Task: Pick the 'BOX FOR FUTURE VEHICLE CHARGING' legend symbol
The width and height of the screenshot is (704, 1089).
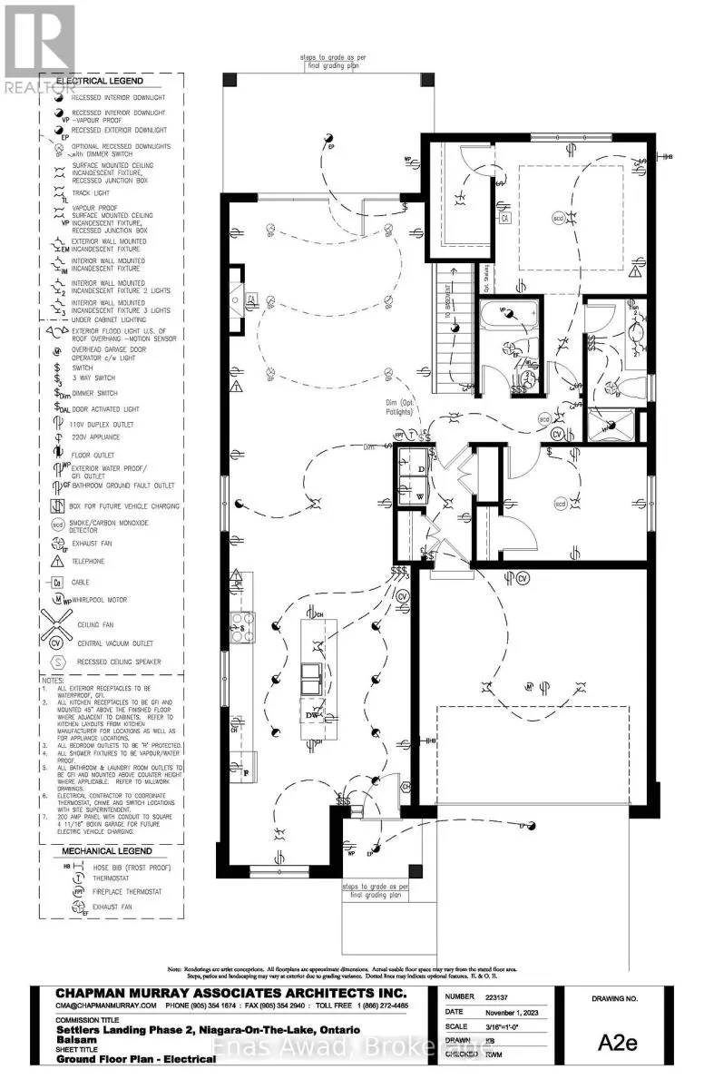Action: (56, 505)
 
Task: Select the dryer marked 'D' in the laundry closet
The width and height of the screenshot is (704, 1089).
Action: (420, 468)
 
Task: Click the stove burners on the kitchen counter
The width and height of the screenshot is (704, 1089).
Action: (245, 627)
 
